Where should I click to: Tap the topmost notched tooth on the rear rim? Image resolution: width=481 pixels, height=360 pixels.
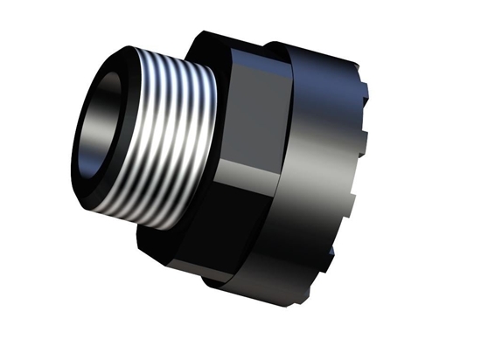(363, 66)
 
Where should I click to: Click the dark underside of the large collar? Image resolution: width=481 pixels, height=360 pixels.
(289, 262)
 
